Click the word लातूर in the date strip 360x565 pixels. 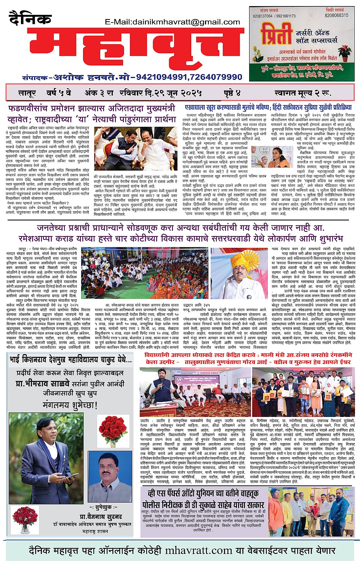(x=27, y=93)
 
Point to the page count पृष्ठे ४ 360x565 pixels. (x=232, y=93)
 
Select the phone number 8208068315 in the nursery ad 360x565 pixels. (x=336, y=16)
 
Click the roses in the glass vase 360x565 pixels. (x=26, y=519)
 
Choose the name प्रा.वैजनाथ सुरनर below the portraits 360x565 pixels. (x=101, y=517)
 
